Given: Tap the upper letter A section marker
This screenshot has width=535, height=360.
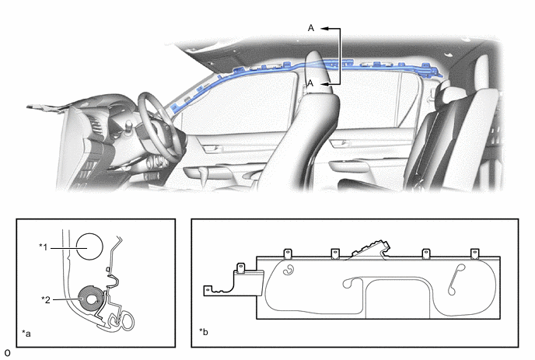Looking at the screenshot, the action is [x=311, y=28].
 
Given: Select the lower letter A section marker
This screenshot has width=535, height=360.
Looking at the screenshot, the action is [x=310, y=83].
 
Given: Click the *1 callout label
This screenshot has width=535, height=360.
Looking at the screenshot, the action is [x=44, y=246].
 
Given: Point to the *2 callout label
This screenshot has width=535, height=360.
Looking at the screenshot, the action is [x=46, y=299].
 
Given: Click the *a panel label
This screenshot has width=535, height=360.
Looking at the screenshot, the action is [x=26, y=333].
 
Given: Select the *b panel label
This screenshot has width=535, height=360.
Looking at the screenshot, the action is [x=204, y=331].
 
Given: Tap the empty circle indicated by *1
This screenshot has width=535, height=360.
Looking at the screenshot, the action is [x=89, y=246].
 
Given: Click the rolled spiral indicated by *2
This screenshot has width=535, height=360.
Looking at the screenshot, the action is [x=91, y=299].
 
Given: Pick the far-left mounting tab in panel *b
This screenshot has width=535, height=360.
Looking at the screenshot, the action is [x=207, y=291].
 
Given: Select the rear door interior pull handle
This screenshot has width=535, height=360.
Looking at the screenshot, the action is [x=340, y=143].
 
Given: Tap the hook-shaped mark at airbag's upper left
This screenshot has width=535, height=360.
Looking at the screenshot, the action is [x=289, y=270].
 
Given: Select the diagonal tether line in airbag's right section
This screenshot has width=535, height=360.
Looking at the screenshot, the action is [x=456, y=279].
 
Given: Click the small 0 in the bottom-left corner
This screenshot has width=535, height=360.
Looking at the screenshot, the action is [x=7, y=353].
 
